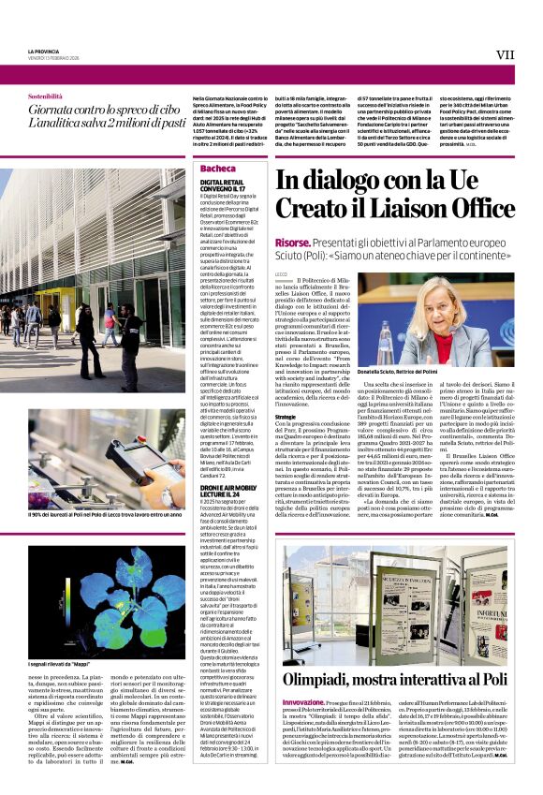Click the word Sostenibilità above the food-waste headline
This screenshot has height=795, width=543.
pyautogui.click(x=45, y=96)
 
